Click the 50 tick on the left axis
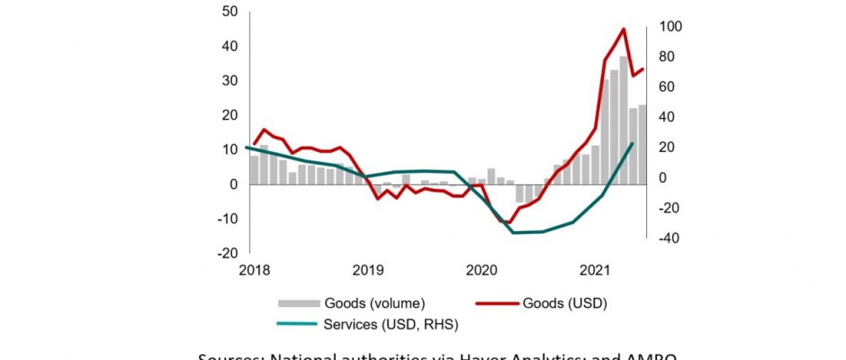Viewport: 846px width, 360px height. pyautogui.click(x=229, y=12)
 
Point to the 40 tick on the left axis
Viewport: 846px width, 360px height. pyautogui.click(x=229, y=46)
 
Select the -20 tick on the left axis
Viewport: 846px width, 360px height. pyautogui.click(x=228, y=254)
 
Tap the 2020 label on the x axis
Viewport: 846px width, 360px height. pyautogui.click(x=481, y=270)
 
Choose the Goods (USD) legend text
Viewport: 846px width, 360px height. pyautogui.click(x=564, y=302)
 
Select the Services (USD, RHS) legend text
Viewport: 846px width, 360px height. pyautogui.click(x=387, y=323)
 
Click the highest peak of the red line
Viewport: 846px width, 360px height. pyautogui.click(x=624, y=29)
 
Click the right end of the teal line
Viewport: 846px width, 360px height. pyautogui.click(x=632, y=143)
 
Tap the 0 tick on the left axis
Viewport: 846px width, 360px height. pyautogui.click(x=234, y=184)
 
